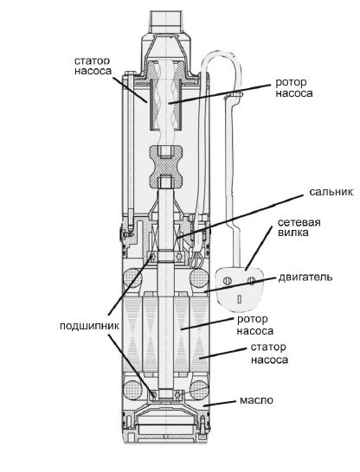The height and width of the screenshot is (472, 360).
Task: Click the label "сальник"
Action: [331, 192]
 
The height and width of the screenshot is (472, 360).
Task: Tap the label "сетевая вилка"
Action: [299, 227]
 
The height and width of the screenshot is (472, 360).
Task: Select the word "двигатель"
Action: [305, 277]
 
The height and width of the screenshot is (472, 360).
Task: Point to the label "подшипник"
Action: [89, 326]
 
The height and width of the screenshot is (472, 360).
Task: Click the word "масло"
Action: [256, 400]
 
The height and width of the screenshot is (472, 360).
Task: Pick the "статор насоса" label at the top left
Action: [93, 66]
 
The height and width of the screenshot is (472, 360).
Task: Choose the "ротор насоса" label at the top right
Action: [293, 87]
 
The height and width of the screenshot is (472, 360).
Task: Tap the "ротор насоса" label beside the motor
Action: [255, 325]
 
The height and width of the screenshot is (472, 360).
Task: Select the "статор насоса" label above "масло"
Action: [269, 354]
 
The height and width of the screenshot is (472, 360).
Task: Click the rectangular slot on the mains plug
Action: [240, 298]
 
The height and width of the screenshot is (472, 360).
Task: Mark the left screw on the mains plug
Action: [228, 281]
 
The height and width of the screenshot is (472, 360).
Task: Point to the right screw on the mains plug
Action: [252, 281]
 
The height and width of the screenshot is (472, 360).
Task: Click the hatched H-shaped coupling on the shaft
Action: [166, 166]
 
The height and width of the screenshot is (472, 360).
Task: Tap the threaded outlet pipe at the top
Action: [168, 22]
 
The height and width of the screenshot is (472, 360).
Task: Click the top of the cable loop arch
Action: [222, 53]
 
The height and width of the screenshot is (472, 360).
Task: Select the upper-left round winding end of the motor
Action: [132, 277]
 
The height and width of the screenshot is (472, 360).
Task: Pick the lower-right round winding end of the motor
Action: [200, 390]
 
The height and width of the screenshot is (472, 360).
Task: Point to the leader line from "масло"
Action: [219, 404]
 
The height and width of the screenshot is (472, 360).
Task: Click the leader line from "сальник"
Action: [240, 216]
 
